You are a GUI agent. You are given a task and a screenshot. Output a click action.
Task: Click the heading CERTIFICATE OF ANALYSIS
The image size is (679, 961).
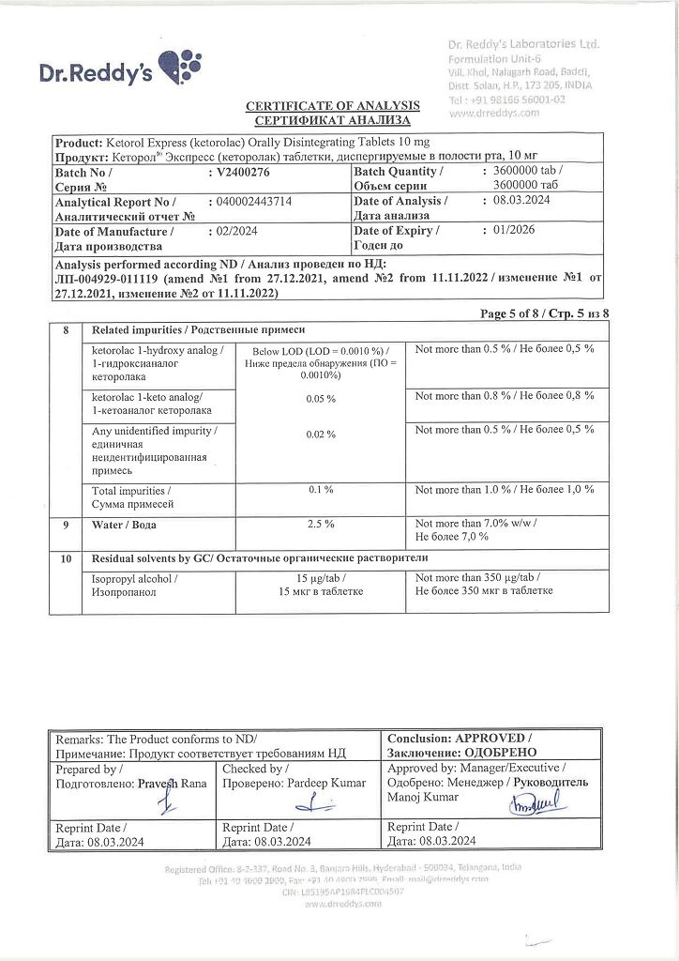click(333, 106)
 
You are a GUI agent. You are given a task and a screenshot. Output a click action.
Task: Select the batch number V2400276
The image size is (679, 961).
click(242, 172)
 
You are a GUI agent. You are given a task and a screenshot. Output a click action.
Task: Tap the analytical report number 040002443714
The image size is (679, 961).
click(254, 201)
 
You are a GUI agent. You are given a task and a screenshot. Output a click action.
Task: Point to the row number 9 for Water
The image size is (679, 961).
click(66, 524)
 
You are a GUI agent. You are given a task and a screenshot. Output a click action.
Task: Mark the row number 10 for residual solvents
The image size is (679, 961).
click(66, 558)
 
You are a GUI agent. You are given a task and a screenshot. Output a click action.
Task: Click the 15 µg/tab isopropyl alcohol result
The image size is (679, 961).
click(319, 578)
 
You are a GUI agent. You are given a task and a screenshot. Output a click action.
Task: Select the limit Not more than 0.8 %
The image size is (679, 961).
click(505, 395)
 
